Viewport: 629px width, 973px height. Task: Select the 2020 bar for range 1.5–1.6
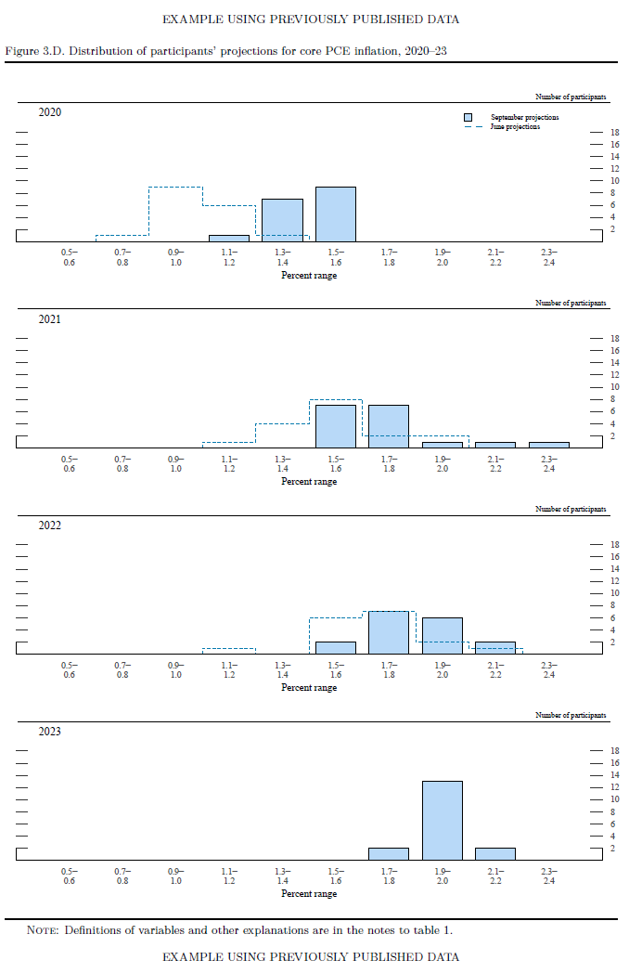pos(335,214)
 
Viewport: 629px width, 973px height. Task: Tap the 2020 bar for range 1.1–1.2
pos(228,239)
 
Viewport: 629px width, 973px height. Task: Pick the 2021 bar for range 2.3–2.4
pos(548,445)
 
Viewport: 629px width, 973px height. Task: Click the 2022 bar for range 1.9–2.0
pos(442,636)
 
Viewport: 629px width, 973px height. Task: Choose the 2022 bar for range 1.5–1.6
pos(335,648)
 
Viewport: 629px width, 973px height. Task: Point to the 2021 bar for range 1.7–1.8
pos(389,426)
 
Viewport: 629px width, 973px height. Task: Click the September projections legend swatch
pos(470,117)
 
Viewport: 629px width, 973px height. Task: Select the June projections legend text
pos(515,126)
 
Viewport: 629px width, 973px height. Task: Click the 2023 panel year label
pos(50,732)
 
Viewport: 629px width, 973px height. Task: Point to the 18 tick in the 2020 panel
pos(614,132)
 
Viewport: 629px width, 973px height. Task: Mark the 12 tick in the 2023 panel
pos(614,787)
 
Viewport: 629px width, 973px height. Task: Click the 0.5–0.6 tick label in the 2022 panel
pos(69,670)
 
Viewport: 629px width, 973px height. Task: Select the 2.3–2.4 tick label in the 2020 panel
pos(548,257)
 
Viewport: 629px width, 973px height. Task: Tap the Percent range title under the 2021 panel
pos(309,482)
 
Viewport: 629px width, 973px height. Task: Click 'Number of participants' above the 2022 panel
pos(571,509)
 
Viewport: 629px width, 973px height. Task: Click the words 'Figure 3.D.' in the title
pos(34,48)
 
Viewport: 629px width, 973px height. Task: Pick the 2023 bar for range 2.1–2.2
pos(495,854)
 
